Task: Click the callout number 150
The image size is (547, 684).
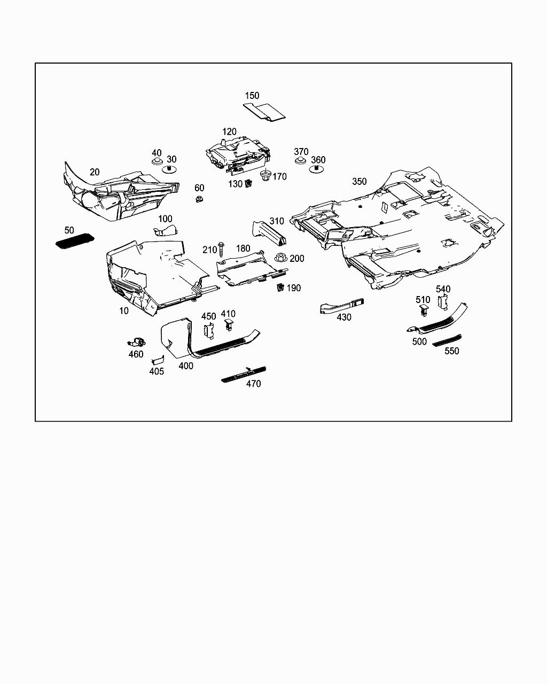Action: (x=252, y=96)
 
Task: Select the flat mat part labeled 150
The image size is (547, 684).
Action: (x=264, y=111)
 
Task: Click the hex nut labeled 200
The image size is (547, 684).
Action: (x=280, y=258)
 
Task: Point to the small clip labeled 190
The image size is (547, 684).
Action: (x=279, y=288)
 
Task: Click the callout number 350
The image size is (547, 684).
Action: (x=360, y=182)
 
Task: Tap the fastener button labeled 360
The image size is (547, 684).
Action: (x=317, y=170)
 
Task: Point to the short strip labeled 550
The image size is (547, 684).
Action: (x=447, y=340)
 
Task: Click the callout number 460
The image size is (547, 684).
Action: (x=136, y=354)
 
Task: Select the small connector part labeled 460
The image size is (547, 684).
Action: (x=137, y=341)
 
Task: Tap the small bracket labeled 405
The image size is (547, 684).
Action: (x=157, y=361)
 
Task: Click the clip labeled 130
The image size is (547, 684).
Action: (x=248, y=184)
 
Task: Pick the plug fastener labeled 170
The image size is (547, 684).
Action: (x=265, y=175)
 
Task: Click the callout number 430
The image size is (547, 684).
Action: (x=344, y=317)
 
